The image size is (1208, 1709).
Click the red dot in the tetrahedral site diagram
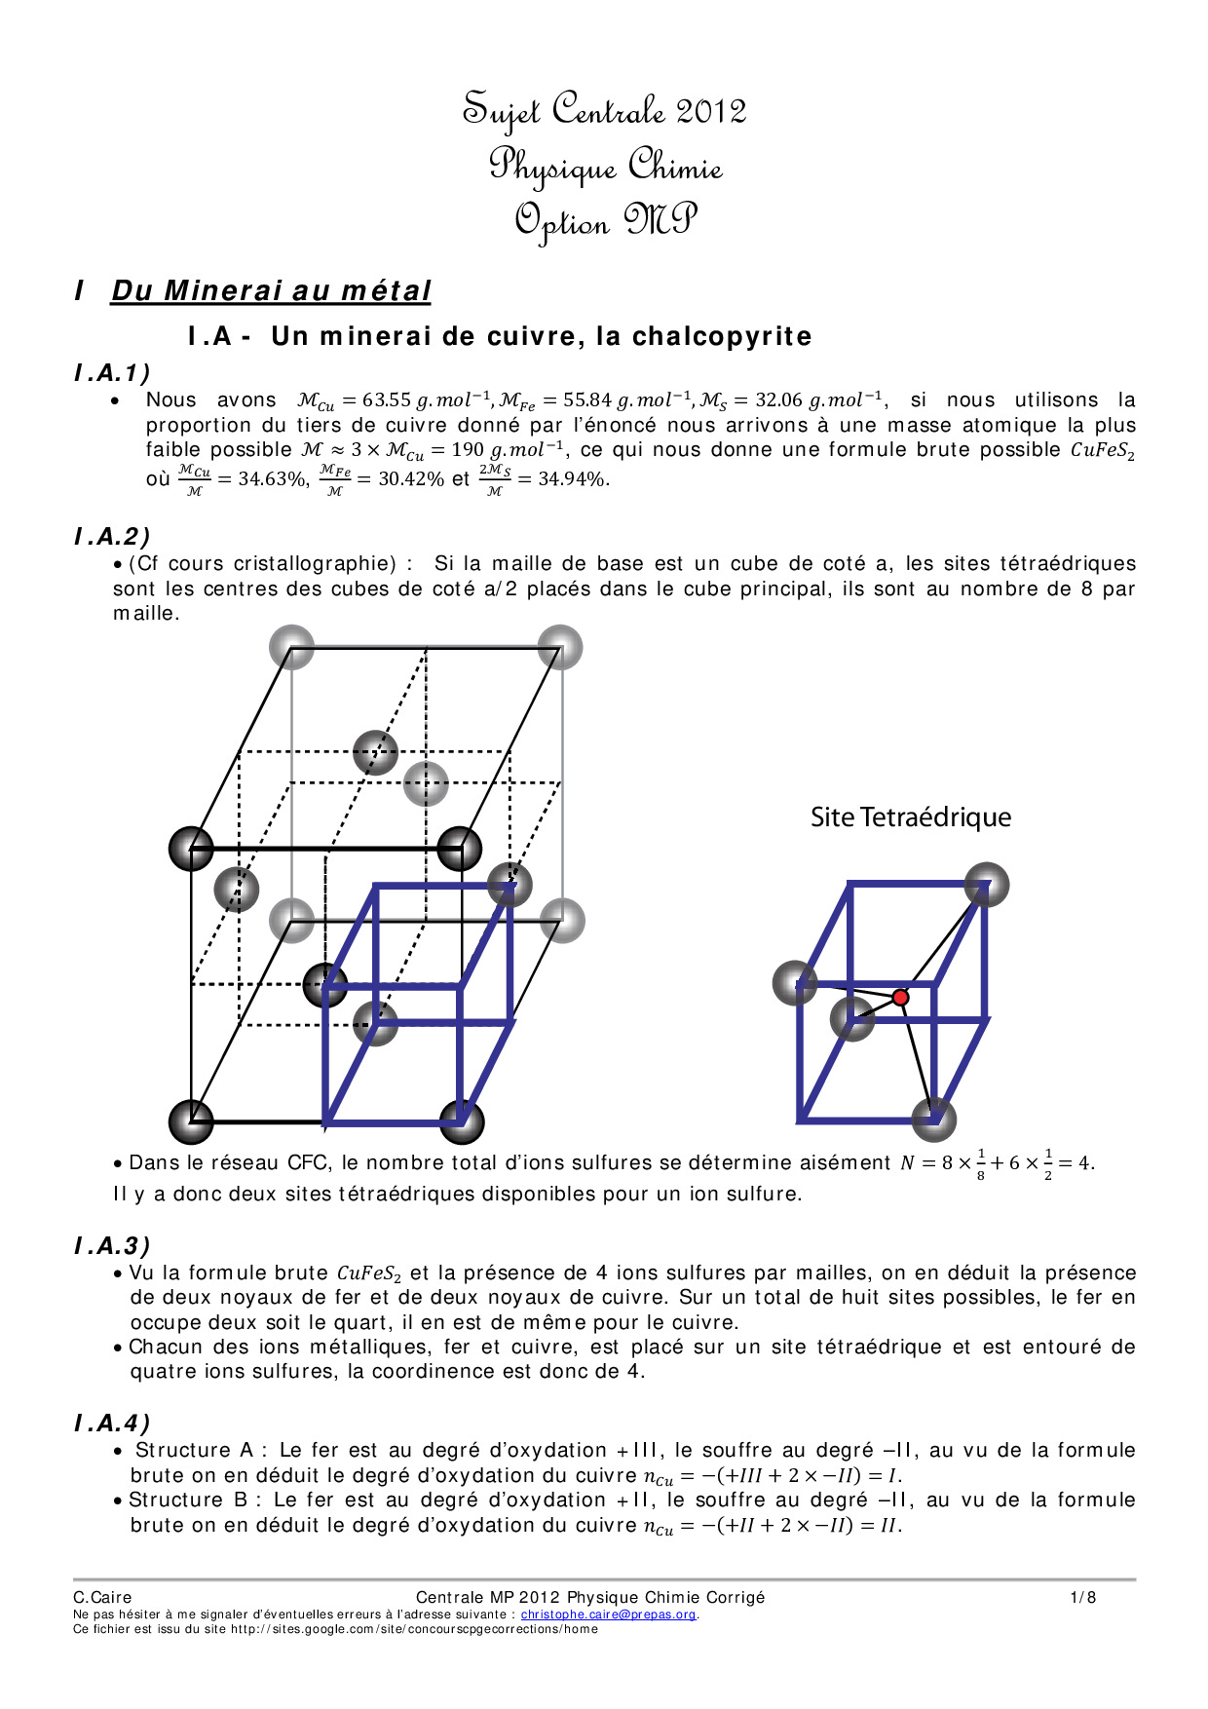pos(900,998)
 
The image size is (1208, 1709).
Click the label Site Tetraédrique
pos(910,817)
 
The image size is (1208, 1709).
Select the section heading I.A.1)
pos(112,372)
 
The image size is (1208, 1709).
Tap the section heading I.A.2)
pos(112,536)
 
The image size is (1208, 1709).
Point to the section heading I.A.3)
pos(112,1245)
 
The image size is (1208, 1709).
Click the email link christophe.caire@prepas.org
pos(609,1614)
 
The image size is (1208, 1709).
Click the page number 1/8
pos(1082,1597)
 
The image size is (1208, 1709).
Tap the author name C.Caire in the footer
pos(102,1597)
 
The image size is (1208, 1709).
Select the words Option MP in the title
pos(605,221)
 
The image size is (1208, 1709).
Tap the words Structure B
pos(189,1500)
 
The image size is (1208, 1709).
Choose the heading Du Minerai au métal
pos(271,290)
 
